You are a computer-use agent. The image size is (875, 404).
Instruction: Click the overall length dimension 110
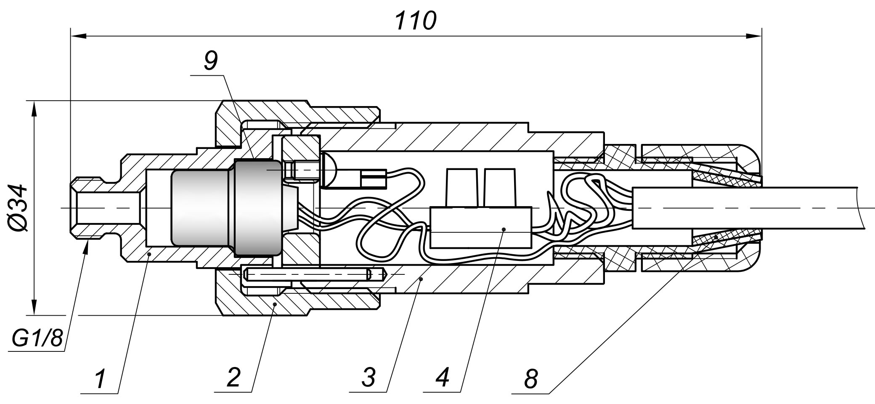(x=416, y=21)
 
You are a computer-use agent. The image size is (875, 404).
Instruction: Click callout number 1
(x=100, y=379)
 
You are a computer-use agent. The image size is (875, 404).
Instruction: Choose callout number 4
(x=442, y=377)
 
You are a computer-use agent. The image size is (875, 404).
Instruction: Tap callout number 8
(x=531, y=379)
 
